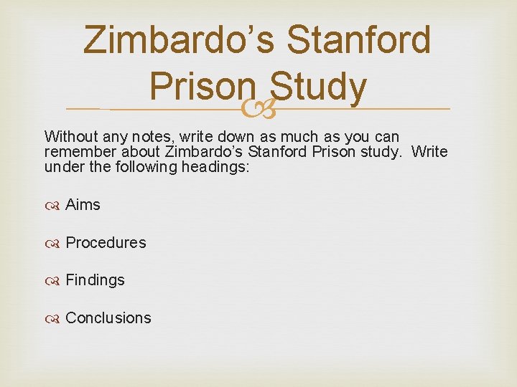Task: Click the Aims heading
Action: coord(83,205)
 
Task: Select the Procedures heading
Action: coord(106,243)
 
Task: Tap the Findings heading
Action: coord(95,280)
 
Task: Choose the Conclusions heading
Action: coord(108,318)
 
